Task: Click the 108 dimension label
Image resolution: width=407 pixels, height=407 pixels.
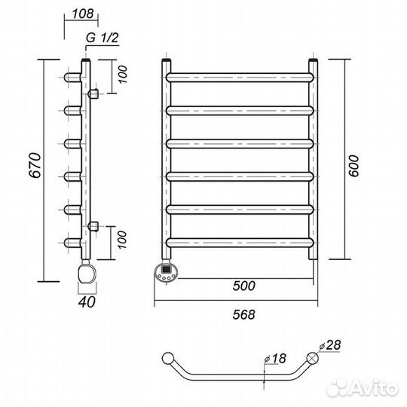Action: coord(83,14)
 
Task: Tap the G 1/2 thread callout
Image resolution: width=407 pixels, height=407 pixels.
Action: coord(103,38)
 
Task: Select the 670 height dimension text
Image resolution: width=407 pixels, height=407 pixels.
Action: coord(35,165)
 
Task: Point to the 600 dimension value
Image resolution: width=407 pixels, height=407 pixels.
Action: coord(353,166)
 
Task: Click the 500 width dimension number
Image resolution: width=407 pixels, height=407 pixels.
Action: coord(244,286)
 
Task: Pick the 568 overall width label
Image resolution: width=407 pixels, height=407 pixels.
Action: coord(244,314)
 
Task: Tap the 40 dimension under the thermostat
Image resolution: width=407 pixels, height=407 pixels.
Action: coord(87,302)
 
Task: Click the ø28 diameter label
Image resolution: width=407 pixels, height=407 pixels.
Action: coord(330,345)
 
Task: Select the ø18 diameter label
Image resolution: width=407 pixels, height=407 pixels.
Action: coord(275,359)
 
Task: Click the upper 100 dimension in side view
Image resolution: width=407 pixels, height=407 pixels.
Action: coord(122,75)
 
